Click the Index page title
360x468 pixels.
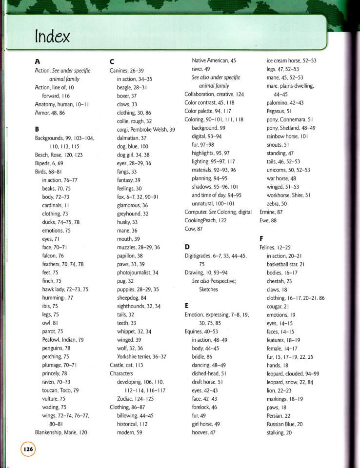click(x=52, y=36)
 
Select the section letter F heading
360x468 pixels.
click(x=262, y=238)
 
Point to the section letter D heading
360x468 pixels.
click(x=187, y=247)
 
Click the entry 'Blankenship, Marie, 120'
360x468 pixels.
click(x=61, y=432)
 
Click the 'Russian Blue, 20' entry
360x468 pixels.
click(x=284, y=424)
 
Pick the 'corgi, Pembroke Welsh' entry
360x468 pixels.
click(x=146, y=130)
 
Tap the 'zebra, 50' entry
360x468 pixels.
click(x=277, y=203)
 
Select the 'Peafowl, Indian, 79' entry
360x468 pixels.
click(x=63, y=339)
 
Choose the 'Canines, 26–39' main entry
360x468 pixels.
click(x=126, y=70)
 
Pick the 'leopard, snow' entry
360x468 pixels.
click(x=290, y=382)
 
